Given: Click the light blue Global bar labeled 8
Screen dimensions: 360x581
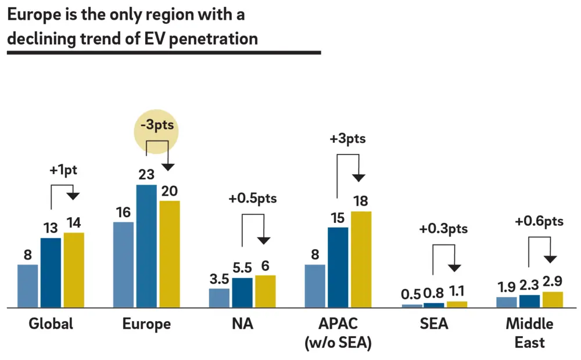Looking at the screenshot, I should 28,286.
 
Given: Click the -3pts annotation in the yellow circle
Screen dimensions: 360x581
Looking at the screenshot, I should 157,125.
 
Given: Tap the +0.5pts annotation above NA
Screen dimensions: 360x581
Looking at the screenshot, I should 253,198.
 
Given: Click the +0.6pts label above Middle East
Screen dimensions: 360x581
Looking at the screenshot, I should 539,221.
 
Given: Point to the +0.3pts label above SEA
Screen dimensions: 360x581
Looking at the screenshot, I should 443,229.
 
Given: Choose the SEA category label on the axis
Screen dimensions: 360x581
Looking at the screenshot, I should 434,324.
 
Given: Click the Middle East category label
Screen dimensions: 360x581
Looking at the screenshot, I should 529,333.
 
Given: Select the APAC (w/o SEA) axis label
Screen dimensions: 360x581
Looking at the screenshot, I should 338,333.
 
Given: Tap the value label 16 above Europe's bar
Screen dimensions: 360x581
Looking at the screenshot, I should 123,213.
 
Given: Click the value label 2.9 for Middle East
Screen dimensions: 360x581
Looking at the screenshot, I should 553,282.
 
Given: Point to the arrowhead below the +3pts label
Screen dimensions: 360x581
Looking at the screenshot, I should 360,176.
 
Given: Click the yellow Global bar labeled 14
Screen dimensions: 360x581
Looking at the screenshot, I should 74,270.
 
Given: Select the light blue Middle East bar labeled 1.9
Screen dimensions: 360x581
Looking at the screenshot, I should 506,302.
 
